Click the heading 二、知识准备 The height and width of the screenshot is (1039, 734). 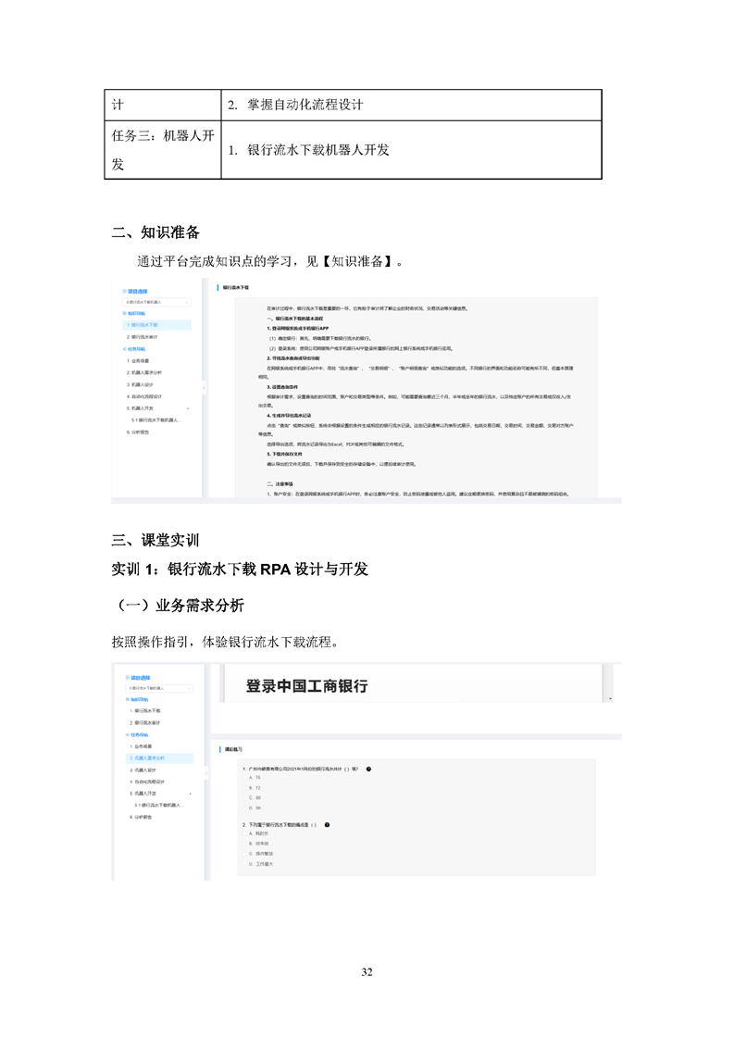tap(155, 232)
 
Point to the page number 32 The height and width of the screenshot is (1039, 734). tap(367, 971)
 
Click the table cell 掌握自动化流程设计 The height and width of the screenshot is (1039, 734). tap(305, 105)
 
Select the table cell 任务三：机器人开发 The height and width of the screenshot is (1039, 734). tap(162, 149)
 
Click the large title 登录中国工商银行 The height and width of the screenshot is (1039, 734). tap(306, 686)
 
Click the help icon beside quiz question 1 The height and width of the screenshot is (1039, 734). tap(368, 768)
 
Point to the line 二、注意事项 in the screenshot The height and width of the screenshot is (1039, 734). tap(280, 483)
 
